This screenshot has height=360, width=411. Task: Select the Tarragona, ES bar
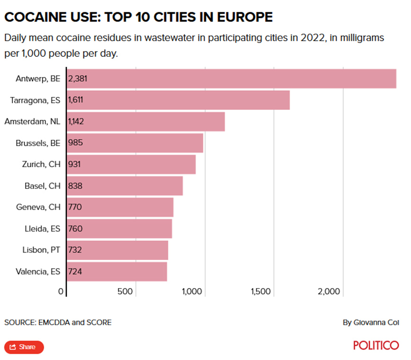pyautogui.click(x=178, y=100)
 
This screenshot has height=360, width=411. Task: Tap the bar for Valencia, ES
pyautogui.click(x=117, y=272)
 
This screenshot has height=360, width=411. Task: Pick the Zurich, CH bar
pyautogui.click(x=131, y=164)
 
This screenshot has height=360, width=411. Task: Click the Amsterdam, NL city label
pyautogui.click(x=32, y=122)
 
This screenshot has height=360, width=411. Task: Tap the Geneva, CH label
pyautogui.click(x=38, y=207)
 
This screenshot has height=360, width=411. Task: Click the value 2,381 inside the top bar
pyautogui.click(x=78, y=79)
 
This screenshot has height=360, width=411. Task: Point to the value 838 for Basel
pyautogui.click(x=75, y=186)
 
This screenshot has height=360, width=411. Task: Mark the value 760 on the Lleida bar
pyautogui.click(x=75, y=229)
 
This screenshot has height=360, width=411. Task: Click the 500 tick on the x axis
pyautogui.click(x=125, y=291)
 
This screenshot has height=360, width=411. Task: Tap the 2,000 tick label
pyautogui.click(x=329, y=291)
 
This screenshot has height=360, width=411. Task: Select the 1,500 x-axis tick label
pyautogui.click(x=260, y=291)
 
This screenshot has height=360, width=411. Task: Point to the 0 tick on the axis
pyautogui.click(x=61, y=291)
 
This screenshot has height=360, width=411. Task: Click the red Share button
pyautogui.click(x=24, y=347)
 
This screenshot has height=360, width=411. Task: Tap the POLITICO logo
pyautogui.click(x=376, y=345)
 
